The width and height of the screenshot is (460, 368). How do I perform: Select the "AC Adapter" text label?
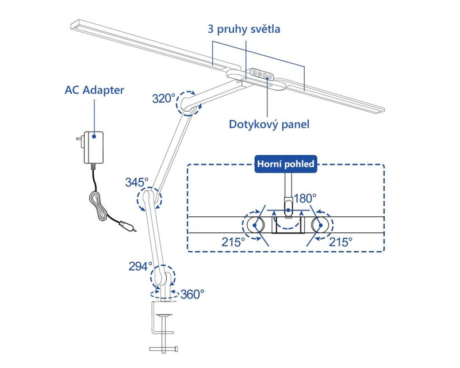click(x=94, y=90)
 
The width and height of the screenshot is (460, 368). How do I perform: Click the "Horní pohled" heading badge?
click(x=286, y=164)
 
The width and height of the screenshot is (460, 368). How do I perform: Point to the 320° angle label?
click(x=163, y=98)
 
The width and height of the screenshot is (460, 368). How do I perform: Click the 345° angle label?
click(x=136, y=182)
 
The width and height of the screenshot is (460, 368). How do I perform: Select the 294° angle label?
click(x=140, y=266)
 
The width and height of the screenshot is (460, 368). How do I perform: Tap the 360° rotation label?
click(x=192, y=294)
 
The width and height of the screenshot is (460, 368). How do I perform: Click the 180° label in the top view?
click(x=305, y=198)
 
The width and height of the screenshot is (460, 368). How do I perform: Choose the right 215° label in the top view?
click(x=342, y=243)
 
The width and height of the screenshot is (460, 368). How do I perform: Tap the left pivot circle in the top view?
click(x=255, y=225)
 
